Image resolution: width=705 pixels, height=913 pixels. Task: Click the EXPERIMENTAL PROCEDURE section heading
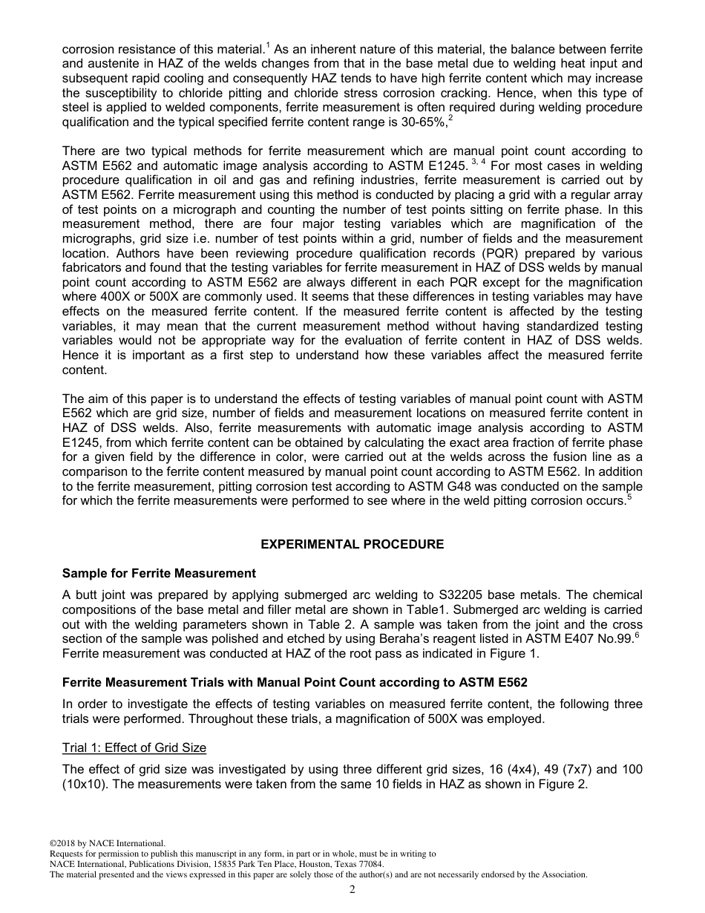[352, 544]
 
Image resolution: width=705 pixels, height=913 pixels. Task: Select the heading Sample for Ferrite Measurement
[159, 573]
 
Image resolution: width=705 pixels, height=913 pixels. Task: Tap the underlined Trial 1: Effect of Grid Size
[134, 747]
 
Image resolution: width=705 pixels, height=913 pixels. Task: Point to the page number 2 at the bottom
[352, 890]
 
